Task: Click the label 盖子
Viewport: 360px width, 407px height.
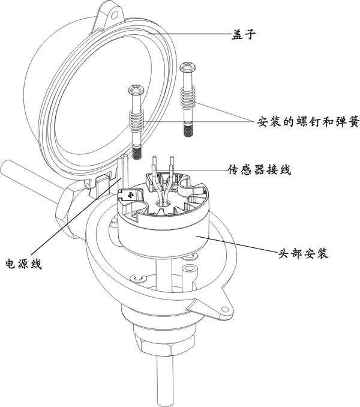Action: tap(244, 34)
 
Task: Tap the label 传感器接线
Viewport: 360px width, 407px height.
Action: tap(260, 170)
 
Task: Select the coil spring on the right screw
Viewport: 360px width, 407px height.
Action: tap(190, 96)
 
